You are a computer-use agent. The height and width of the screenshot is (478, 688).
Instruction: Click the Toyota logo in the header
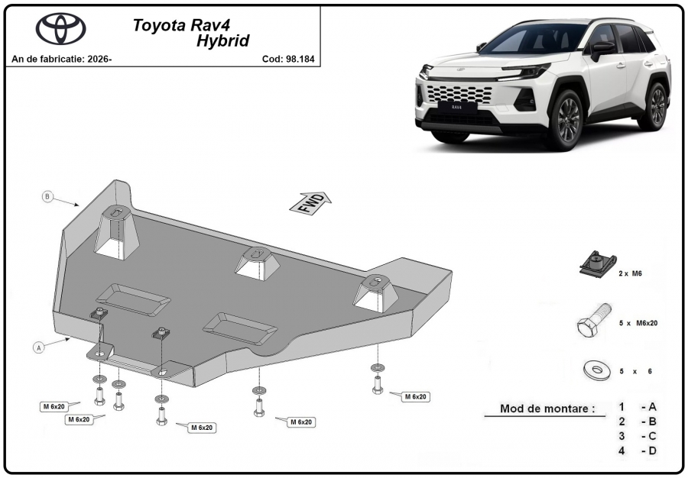pyautogui.click(x=60, y=28)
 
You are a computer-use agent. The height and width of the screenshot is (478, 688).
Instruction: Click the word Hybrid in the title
pyautogui.click(x=222, y=40)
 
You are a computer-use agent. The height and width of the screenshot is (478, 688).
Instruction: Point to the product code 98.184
pyautogui.click(x=300, y=59)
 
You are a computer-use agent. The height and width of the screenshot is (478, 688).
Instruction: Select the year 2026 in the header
pyautogui.click(x=99, y=59)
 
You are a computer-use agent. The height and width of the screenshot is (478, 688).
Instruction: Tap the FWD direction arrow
pyautogui.click(x=310, y=203)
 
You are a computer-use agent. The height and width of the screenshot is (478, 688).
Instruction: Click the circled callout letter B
pyautogui.click(x=47, y=196)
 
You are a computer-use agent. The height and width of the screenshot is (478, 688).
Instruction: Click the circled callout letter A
pyautogui.click(x=39, y=348)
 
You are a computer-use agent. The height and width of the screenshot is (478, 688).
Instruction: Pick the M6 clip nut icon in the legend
pyautogui.click(x=597, y=265)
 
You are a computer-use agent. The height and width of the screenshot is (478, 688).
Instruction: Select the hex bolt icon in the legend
pyautogui.click(x=594, y=320)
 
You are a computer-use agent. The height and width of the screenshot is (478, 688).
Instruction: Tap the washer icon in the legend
pyautogui.click(x=597, y=370)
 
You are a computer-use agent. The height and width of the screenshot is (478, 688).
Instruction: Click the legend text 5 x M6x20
pyautogui.click(x=638, y=323)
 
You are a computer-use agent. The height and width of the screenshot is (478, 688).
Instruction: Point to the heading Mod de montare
pyautogui.click(x=547, y=409)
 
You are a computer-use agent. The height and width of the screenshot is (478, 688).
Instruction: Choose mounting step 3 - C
pyautogui.click(x=638, y=436)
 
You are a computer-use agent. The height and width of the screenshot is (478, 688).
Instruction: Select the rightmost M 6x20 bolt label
pyautogui.click(x=415, y=397)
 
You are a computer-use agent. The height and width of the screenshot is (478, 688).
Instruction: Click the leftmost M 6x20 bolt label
pyautogui.click(x=54, y=407)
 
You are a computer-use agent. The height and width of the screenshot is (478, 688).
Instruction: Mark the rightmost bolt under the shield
pyautogui.click(x=377, y=385)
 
